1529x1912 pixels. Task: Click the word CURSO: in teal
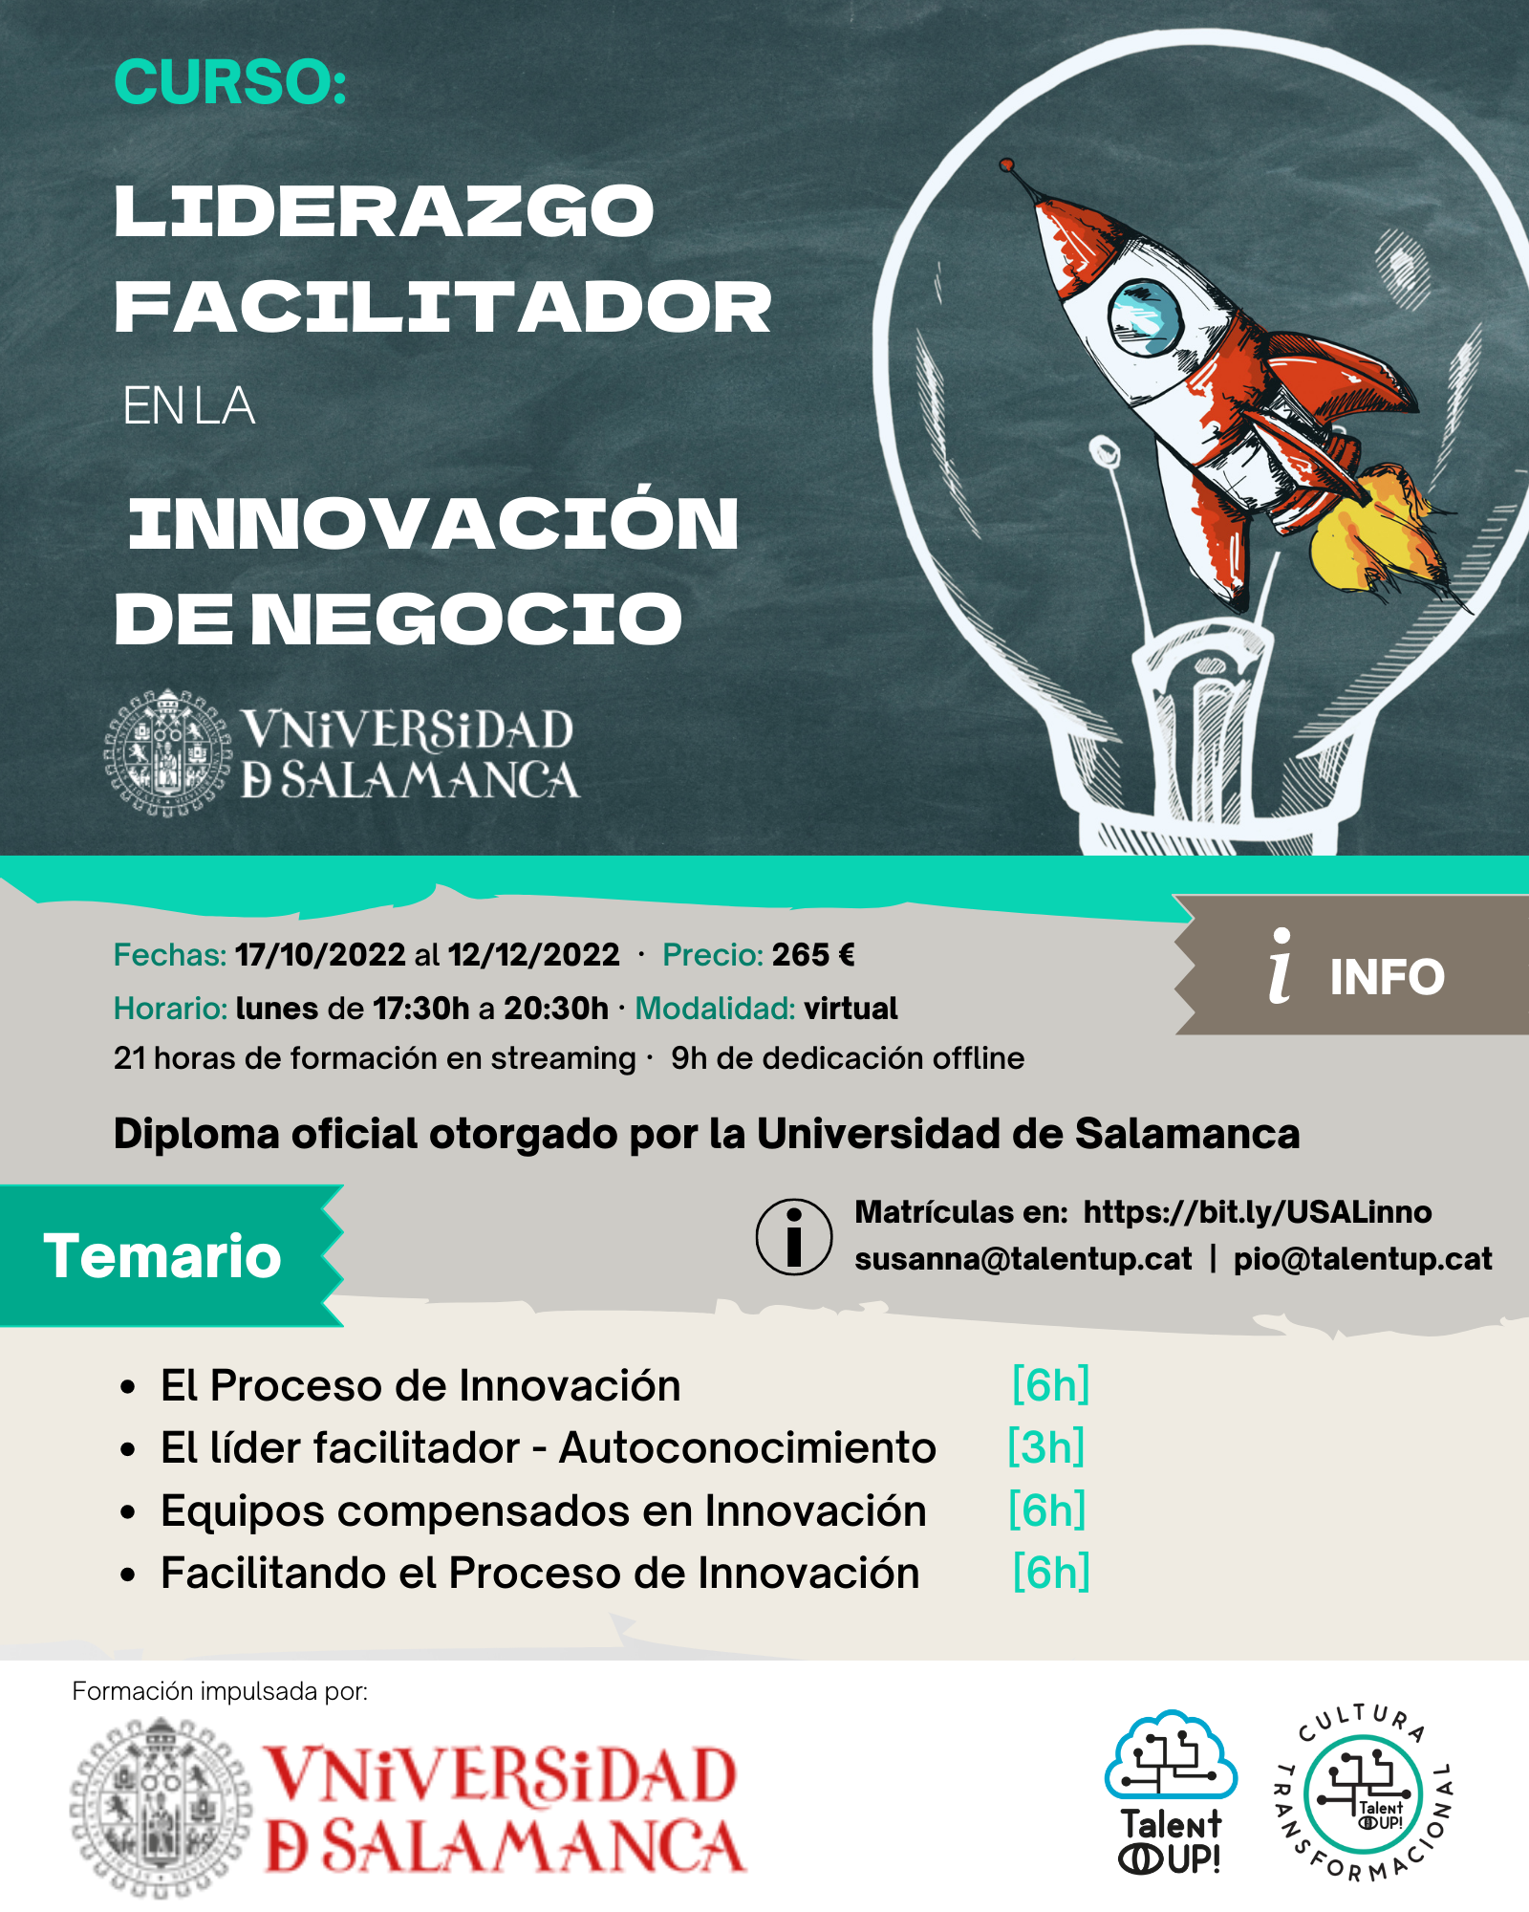point(230,82)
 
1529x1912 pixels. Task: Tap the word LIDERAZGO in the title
point(384,211)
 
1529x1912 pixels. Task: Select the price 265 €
point(813,955)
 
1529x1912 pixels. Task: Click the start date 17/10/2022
point(320,955)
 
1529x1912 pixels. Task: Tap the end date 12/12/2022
point(533,955)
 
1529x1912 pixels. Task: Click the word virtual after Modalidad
point(851,1009)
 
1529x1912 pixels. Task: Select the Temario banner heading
point(162,1255)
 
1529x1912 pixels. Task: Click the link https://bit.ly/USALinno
point(1258,1212)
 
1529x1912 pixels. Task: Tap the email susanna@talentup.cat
point(1023,1259)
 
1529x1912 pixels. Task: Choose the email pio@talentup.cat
point(1363,1259)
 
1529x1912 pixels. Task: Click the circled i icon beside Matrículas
point(794,1237)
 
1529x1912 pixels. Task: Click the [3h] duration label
point(1046,1447)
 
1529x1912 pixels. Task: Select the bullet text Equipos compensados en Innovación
point(544,1510)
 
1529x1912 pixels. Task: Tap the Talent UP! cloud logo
point(1171,1792)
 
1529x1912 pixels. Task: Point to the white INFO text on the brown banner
point(1387,977)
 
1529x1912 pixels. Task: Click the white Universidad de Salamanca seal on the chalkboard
point(168,752)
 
